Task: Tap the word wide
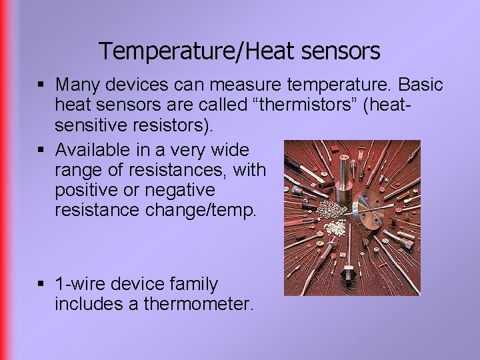coord(231,150)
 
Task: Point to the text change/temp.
coord(199,210)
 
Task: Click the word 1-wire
coord(81,284)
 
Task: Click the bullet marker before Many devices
coord(41,85)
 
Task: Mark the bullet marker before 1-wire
coord(41,285)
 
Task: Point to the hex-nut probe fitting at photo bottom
coord(347,275)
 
